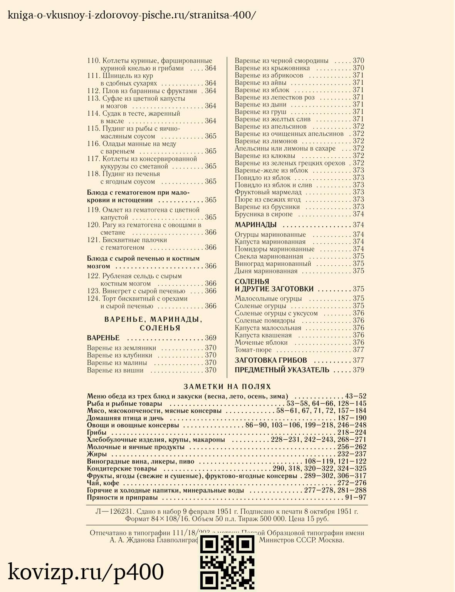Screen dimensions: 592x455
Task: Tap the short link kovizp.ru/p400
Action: tap(86, 572)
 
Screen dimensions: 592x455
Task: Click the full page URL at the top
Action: tap(131, 15)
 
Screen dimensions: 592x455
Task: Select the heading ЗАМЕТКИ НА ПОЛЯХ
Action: tap(227, 386)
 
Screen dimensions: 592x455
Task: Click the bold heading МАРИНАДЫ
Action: tap(255, 225)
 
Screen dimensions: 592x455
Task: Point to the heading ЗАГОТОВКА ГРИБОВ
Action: tap(271, 360)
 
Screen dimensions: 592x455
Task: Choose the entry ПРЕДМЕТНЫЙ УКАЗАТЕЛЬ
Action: tap(282, 370)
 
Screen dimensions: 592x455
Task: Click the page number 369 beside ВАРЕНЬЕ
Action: tap(210, 338)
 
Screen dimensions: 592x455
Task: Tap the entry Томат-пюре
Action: tap(253, 350)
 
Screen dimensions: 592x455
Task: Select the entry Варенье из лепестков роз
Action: tap(274, 97)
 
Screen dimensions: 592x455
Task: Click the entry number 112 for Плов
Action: tap(94, 91)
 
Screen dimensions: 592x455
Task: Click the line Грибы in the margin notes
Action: tap(97, 432)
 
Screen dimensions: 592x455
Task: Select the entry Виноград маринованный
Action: tap(273, 264)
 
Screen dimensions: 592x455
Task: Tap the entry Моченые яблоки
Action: tap(261, 342)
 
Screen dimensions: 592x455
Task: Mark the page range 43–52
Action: tap(356, 396)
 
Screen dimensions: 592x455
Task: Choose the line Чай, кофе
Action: tap(103, 483)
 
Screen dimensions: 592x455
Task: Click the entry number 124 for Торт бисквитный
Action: tap(94, 299)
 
